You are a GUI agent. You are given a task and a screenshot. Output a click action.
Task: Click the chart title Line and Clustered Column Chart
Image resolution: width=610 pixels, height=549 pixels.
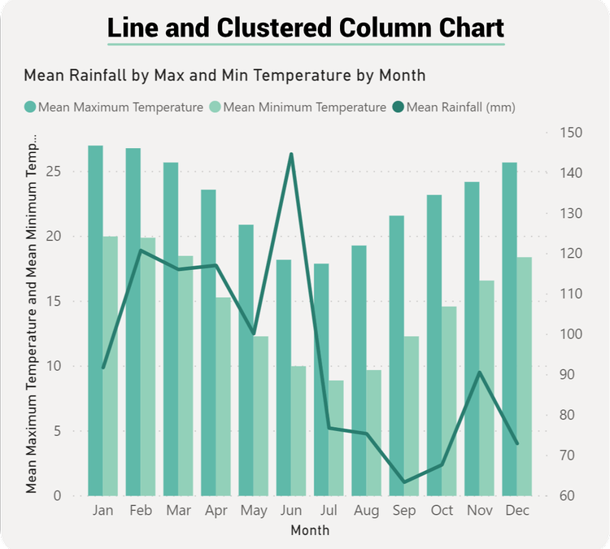[x=305, y=28]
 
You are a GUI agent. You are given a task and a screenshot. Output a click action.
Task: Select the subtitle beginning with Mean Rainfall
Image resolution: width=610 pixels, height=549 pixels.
[x=224, y=76]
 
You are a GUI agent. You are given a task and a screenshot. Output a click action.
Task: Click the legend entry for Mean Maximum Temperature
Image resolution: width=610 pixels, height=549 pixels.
[x=120, y=107]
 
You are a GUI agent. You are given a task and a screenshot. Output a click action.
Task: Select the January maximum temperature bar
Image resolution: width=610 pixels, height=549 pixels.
[x=95, y=320]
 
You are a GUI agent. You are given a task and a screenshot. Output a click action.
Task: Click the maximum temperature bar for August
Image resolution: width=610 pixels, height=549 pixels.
[x=359, y=370]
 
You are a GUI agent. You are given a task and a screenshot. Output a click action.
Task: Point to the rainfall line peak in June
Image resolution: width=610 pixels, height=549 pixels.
[x=291, y=154]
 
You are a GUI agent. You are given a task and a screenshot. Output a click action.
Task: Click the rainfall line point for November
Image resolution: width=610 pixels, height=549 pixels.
[x=480, y=373]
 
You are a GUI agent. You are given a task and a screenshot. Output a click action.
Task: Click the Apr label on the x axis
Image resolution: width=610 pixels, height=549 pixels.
[x=216, y=511]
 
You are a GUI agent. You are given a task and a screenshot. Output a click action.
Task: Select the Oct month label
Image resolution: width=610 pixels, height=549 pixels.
[x=442, y=511]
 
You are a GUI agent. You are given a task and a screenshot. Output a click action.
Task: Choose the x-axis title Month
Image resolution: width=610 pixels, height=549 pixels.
[x=310, y=530]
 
